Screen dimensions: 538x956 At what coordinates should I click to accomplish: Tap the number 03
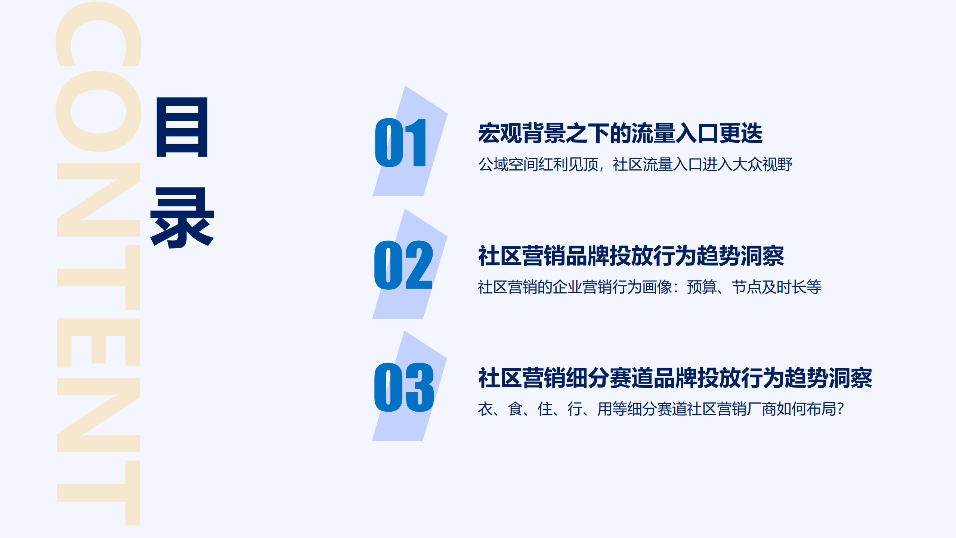404,387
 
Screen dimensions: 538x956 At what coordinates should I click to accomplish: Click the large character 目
182,127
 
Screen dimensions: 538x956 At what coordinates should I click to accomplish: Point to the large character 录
182,218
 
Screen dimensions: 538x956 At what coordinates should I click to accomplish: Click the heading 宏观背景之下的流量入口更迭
620,133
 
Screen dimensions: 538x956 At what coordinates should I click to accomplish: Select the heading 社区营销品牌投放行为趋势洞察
631,256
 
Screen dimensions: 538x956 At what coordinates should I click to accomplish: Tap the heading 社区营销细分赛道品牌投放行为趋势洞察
675,378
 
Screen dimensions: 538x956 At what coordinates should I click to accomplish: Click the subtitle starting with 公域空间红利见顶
635,165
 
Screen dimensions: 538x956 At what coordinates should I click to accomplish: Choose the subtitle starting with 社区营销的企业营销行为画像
649,287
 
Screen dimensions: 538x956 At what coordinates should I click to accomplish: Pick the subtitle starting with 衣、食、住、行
660,409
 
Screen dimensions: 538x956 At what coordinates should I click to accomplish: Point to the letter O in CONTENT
98,111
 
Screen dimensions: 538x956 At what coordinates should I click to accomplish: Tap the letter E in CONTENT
98,342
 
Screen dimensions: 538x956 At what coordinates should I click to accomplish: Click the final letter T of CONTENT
98,493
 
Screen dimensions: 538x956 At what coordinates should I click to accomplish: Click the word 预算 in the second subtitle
702,287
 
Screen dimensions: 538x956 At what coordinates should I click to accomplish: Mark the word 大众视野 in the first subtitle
762,165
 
